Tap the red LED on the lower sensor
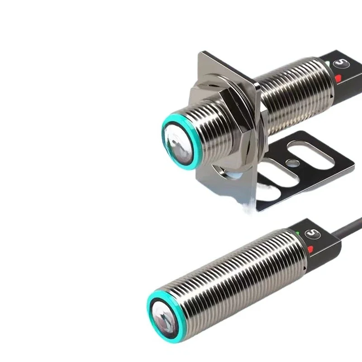[311, 248]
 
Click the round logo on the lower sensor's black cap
[310, 233]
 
